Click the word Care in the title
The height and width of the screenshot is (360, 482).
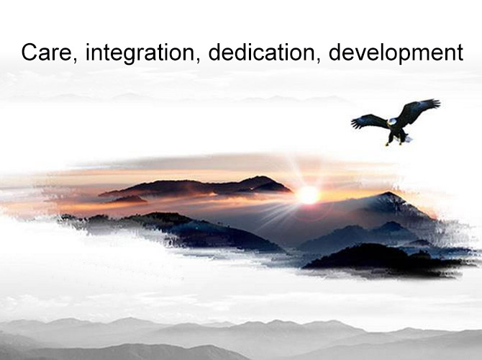tap(47, 53)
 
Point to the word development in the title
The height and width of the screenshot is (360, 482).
tap(396, 53)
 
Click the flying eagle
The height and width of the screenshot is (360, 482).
tap(396, 122)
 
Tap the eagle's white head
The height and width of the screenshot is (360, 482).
tap(391, 122)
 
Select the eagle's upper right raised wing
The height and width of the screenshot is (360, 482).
tap(419, 110)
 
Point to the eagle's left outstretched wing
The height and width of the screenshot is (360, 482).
tap(370, 121)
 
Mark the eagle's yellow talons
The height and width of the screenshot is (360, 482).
tap(394, 143)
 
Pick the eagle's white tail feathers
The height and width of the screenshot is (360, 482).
tap(407, 139)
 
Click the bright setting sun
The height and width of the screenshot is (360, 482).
tap(308, 195)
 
